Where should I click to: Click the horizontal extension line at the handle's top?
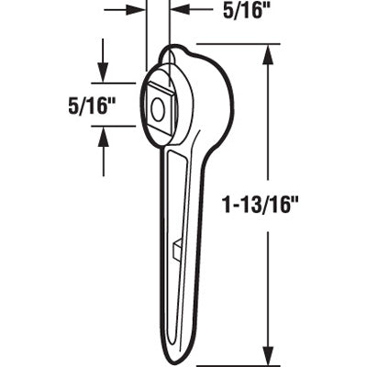coord(229,44)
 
